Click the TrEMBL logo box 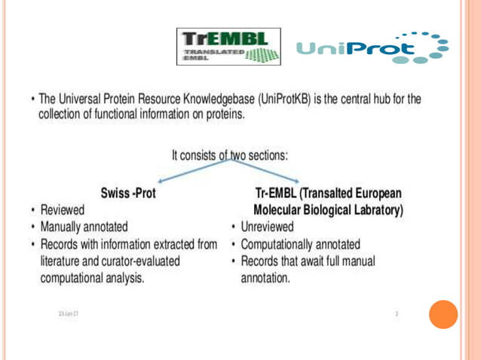[x=229, y=47]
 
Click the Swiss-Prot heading [x=128, y=193]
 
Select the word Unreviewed [x=268, y=226]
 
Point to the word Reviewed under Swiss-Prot [x=63, y=209]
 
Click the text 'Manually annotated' [x=84, y=226]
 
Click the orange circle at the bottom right [x=443, y=314]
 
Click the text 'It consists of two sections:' [x=229, y=156]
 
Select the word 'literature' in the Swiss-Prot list [x=63, y=260]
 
